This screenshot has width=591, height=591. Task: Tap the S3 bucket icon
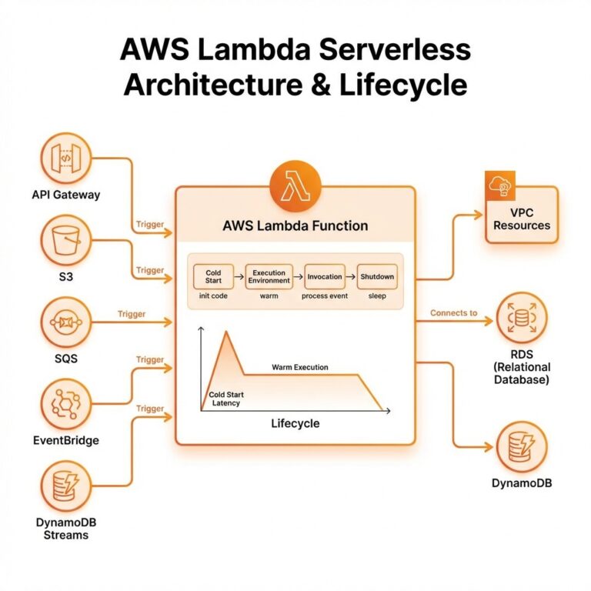[x=66, y=241]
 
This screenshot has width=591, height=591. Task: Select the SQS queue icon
[x=66, y=323]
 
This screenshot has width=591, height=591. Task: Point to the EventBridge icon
[x=66, y=406]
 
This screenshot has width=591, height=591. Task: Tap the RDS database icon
[x=522, y=319]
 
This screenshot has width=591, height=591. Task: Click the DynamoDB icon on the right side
[x=522, y=446]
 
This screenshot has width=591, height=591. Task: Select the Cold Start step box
[x=213, y=277]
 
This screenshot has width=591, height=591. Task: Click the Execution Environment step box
[x=269, y=277]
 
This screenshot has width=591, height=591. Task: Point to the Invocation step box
[x=325, y=277]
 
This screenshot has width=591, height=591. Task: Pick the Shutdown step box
[x=377, y=277]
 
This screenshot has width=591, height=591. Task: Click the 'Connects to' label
[x=454, y=313]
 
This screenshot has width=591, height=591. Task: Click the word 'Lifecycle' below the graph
[x=295, y=424]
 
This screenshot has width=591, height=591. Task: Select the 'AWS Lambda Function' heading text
[x=295, y=226]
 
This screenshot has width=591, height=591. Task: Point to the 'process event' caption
[x=325, y=295]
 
